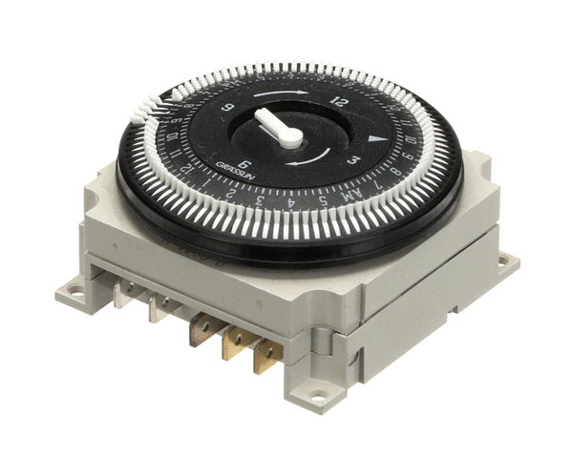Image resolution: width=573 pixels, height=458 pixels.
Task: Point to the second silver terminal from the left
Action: tap(159, 311)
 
